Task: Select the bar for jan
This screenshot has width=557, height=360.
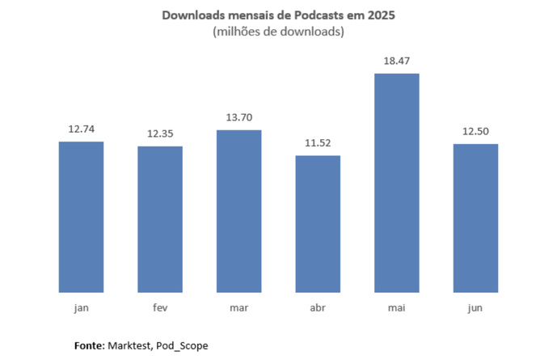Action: pos(81,217)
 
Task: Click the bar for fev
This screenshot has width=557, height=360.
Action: pos(160,219)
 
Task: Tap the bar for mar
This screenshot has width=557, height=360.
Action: pos(238,211)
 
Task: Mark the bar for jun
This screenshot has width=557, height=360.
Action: pos(475,218)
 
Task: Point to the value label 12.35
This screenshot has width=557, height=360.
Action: pos(160,133)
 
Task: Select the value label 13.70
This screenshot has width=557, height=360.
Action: pos(238,116)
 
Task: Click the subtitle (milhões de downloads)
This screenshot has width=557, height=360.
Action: pos(277,32)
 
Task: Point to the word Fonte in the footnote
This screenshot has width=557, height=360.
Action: pos(88,345)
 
